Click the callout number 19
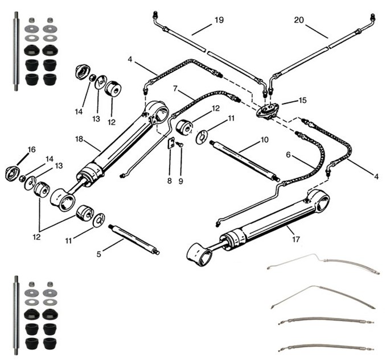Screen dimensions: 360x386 click(x=219, y=20)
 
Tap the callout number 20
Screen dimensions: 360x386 click(x=299, y=20)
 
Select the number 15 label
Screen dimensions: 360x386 click(x=302, y=100)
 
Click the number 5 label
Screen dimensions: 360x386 click(x=99, y=254)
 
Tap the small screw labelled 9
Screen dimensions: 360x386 click(x=180, y=146)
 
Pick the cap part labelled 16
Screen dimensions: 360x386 click(x=13, y=173)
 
